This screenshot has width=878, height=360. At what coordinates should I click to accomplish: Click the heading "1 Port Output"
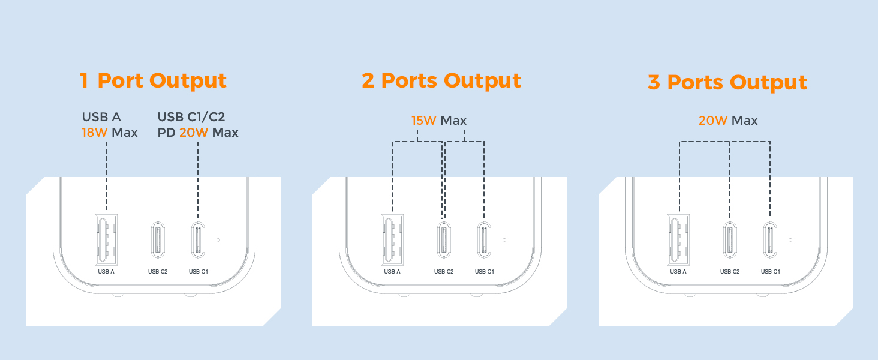pos(153,80)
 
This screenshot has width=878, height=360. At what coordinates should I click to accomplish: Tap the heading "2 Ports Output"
pos(441,80)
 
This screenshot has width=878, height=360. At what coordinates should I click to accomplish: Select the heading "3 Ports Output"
pos(727,82)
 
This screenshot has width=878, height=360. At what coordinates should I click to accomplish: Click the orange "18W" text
pos(95,133)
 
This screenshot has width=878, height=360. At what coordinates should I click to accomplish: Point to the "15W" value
pos(424,121)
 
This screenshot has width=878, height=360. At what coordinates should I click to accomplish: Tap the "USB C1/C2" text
pos(191,116)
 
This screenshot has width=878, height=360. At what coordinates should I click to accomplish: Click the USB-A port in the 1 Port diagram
pos(106,239)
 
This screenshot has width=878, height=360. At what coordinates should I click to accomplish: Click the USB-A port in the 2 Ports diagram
pos(392,239)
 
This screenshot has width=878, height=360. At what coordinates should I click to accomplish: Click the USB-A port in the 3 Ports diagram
pos(678,239)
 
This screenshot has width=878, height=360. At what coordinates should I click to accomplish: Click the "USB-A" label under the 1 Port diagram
pos(106,272)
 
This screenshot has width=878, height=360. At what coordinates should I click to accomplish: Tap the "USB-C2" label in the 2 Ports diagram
pos(444,272)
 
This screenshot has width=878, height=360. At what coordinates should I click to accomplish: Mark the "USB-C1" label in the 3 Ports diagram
pos(770,272)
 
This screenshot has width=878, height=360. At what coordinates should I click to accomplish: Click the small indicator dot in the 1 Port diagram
pos(218,239)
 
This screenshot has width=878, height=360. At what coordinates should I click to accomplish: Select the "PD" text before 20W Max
pos(166,133)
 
